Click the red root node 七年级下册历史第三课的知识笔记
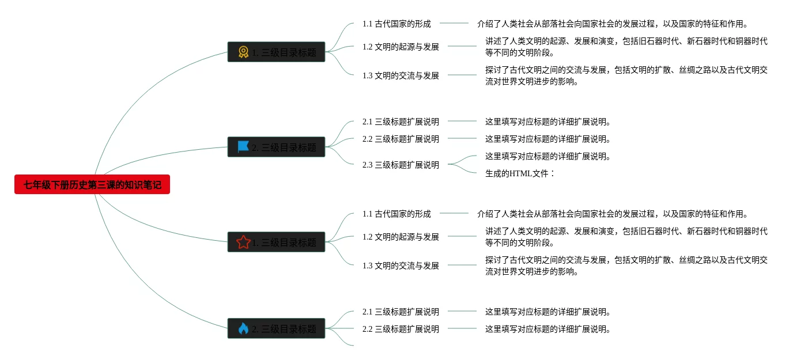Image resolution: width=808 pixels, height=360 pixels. point(92,185)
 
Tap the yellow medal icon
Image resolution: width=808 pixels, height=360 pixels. point(243,52)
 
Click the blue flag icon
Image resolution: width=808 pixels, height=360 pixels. point(243,147)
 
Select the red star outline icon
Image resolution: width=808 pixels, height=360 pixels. point(243,242)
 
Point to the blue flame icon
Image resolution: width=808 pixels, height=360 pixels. point(243,329)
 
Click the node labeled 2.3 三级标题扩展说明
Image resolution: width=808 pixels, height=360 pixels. point(401,165)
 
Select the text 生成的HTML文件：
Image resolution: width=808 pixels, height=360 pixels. point(520,173)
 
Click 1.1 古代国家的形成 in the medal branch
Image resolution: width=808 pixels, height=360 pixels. point(397,24)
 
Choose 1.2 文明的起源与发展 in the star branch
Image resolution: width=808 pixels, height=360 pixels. point(401,237)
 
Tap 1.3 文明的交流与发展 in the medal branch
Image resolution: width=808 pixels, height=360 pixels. point(401,75)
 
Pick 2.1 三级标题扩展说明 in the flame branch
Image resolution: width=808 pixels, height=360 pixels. point(401,312)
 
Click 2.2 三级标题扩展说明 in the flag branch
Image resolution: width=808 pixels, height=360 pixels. point(401,139)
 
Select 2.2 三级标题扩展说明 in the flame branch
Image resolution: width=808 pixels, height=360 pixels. point(401,329)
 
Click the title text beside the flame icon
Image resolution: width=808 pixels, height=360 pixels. point(284,329)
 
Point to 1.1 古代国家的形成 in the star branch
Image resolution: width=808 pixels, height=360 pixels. point(397,214)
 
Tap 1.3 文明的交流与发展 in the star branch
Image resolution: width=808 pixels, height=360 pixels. point(401,266)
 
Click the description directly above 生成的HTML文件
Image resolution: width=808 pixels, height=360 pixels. point(548,156)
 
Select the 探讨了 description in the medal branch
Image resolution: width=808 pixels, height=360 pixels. point(626,75)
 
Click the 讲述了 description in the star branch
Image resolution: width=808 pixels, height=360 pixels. point(626,237)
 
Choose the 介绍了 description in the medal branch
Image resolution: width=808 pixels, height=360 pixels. point(612,24)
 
